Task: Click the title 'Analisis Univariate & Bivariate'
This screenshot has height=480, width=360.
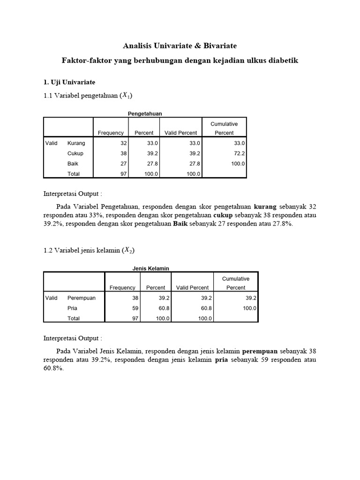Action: pyautogui.click(x=180, y=46)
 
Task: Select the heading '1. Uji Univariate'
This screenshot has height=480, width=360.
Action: pyautogui.click(x=69, y=82)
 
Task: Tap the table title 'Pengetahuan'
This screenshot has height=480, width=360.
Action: pyautogui.click(x=145, y=113)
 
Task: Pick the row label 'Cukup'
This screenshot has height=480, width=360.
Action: pyautogui.click(x=75, y=153)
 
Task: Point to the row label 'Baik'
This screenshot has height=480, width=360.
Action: pyautogui.click(x=73, y=164)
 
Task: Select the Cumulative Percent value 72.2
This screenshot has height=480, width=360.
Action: pyautogui.click(x=239, y=153)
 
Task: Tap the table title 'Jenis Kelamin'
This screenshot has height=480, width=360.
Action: pyautogui.click(x=150, y=268)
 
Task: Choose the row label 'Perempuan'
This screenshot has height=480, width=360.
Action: pyautogui.click(x=82, y=298)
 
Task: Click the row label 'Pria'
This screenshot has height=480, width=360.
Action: pyautogui.click(x=73, y=308)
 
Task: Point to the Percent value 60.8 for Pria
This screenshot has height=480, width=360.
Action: pyautogui.click(x=164, y=308)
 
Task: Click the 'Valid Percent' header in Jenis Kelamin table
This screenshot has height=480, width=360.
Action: pyautogui.click(x=192, y=287)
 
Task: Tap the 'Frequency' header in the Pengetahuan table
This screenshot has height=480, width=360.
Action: pyautogui.click(x=111, y=133)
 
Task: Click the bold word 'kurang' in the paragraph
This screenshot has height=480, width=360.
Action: pyautogui.click(x=265, y=206)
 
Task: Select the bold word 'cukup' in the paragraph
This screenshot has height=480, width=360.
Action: pyautogui.click(x=223, y=215)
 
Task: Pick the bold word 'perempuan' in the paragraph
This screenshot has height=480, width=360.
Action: pyautogui.click(x=260, y=351)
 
